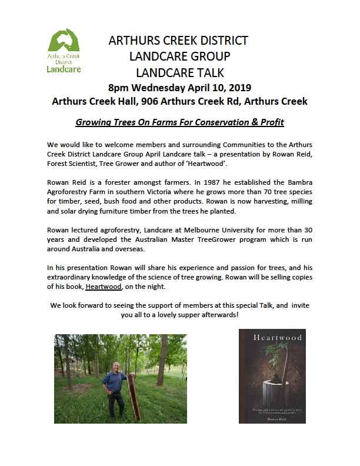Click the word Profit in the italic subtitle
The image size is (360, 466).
click(x=269, y=123)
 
